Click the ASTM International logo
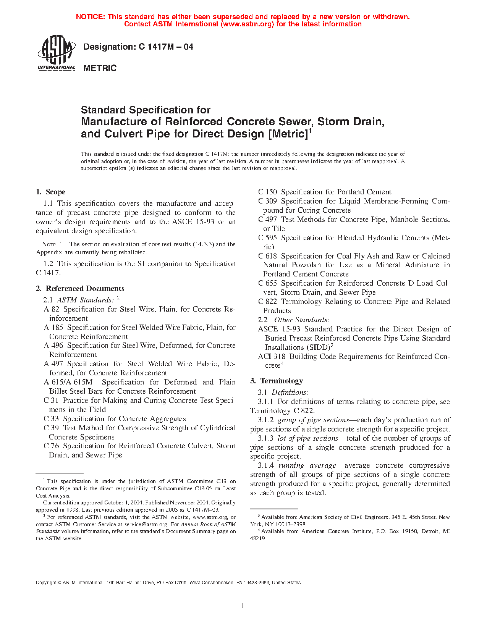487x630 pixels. point(56,53)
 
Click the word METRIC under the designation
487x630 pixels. point(100,68)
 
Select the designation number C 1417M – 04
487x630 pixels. point(166,47)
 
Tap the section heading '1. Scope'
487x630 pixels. point(50,192)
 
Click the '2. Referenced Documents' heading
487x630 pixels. point(80,289)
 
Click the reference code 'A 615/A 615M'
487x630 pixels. point(68,382)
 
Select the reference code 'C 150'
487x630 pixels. point(267,192)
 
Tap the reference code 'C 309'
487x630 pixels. point(267,201)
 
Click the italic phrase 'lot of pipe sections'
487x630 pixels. point(308,438)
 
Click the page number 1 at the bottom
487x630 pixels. point(243,605)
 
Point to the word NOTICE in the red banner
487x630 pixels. point(90,17)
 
